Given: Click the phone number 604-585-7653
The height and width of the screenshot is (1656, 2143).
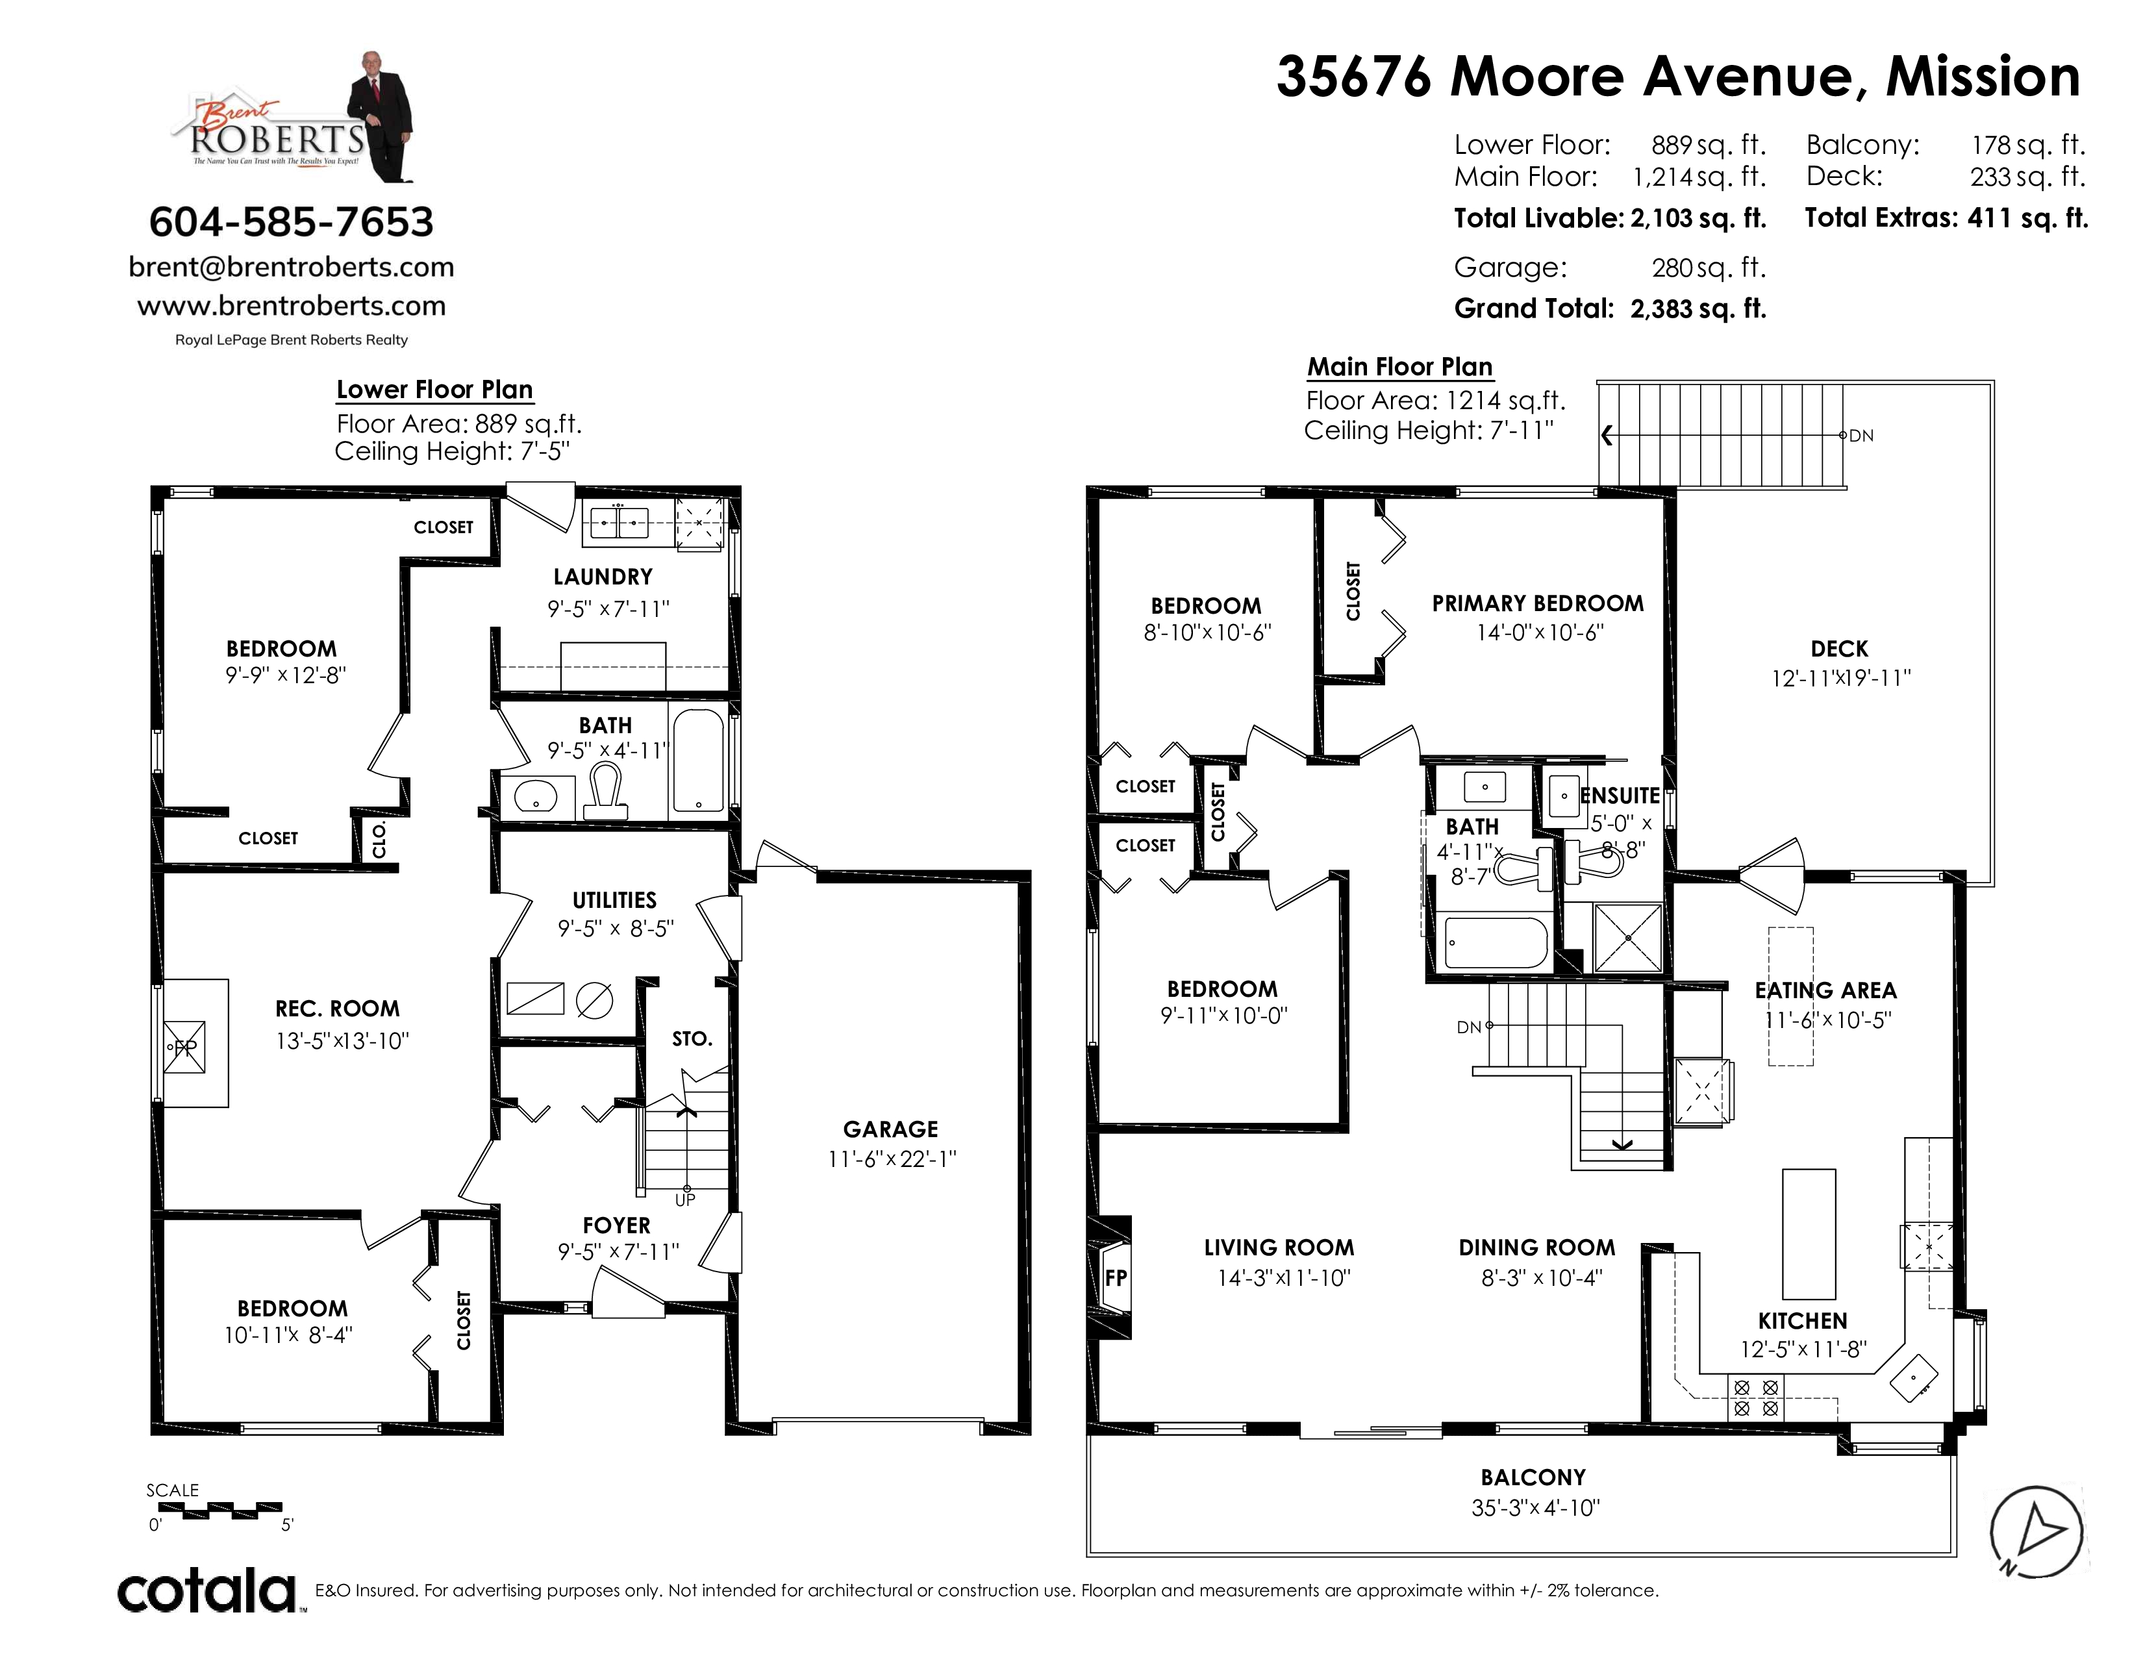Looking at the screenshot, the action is click(292, 223).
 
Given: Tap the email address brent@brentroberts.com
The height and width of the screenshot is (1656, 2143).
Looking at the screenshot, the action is click(292, 267).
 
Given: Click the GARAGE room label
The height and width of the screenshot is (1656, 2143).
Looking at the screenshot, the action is click(891, 1129).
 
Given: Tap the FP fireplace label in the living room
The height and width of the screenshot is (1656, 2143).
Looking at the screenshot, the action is click(1116, 1278).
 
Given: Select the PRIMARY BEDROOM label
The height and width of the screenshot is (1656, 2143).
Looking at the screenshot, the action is click(1538, 603).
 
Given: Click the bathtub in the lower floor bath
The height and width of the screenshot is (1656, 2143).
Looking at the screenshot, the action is click(699, 760).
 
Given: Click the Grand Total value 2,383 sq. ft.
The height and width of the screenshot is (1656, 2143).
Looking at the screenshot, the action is click(1699, 309).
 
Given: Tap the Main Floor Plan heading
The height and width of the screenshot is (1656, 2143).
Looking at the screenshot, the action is click(1399, 367).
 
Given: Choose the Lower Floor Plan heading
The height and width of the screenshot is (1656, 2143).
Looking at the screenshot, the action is click(434, 390).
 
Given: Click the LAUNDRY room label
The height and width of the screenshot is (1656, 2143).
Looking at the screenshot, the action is click(603, 577).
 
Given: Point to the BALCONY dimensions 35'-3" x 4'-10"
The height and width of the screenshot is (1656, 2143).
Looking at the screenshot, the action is click(1536, 1508).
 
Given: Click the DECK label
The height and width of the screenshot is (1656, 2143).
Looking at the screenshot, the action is click(1840, 649).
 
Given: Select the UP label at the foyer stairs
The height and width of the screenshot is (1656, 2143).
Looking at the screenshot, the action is click(685, 1200).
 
